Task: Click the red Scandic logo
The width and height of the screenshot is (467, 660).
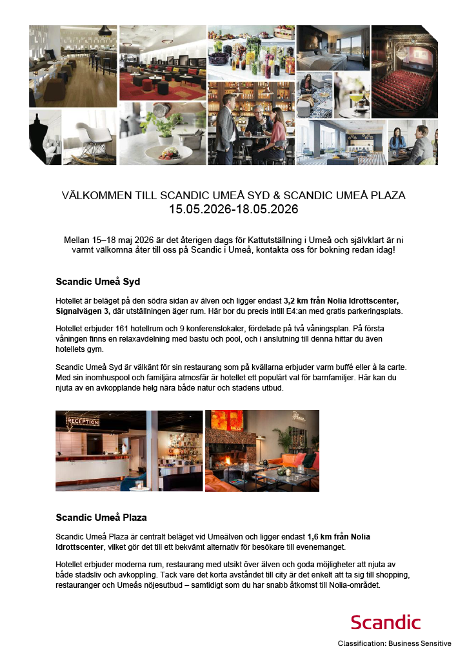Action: coord(385,622)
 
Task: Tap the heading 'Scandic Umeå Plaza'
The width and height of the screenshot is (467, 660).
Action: coord(101,517)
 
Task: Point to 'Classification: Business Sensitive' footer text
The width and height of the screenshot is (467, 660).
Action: coord(394,643)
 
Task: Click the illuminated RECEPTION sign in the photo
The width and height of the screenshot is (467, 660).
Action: coord(82,422)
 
